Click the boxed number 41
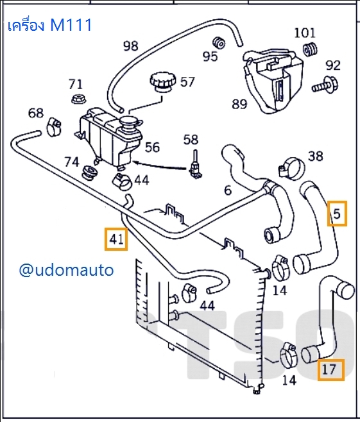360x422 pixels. [116, 239]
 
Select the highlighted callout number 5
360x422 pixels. [338, 214]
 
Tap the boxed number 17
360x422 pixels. [329, 369]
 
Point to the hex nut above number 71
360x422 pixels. [76, 99]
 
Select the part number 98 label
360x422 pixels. [130, 46]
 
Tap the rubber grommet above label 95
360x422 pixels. [219, 42]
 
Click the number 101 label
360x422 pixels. [305, 32]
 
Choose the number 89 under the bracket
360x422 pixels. [239, 105]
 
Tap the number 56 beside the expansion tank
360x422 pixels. [152, 148]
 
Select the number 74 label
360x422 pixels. [71, 162]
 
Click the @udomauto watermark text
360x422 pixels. [66, 270]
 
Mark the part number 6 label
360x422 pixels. [227, 190]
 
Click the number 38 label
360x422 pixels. [315, 155]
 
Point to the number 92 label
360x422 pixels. [333, 65]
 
